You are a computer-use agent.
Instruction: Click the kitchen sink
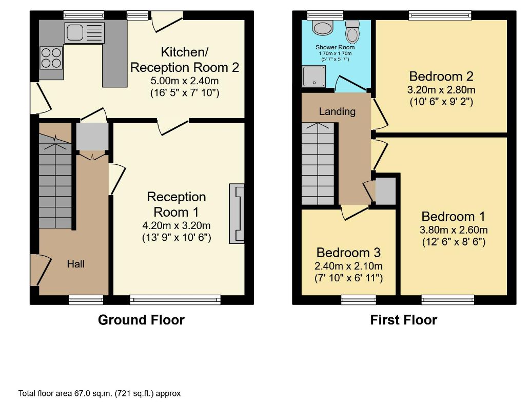click(x=85, y=33)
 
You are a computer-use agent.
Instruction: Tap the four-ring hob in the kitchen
click(x=51, y=58)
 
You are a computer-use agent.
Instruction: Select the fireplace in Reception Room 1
click(x=237, y=214)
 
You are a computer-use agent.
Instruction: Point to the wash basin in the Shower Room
click(x=323, y=28)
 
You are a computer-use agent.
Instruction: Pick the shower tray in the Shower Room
click(x=314, y=76)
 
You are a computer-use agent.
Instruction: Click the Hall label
click(x=76, y=264)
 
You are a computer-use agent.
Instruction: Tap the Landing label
click(x=337, y=111)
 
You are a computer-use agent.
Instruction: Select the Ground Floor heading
click(x=141, y=320)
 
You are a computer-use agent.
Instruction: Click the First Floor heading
click(x=404, y=320)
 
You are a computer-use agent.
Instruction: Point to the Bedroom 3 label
click(x=348, y=253)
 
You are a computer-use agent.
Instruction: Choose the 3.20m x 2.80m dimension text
click(x=441, y=90)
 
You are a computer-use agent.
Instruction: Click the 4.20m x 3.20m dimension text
click(x=176, y=225)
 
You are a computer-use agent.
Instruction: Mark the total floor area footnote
click(x=100, y=393)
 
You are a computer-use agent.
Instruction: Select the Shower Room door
click(x=350, y=84)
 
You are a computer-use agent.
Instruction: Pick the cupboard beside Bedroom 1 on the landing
click(x=386, y=191)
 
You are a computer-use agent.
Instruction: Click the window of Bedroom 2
click(x=440, y=15)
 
